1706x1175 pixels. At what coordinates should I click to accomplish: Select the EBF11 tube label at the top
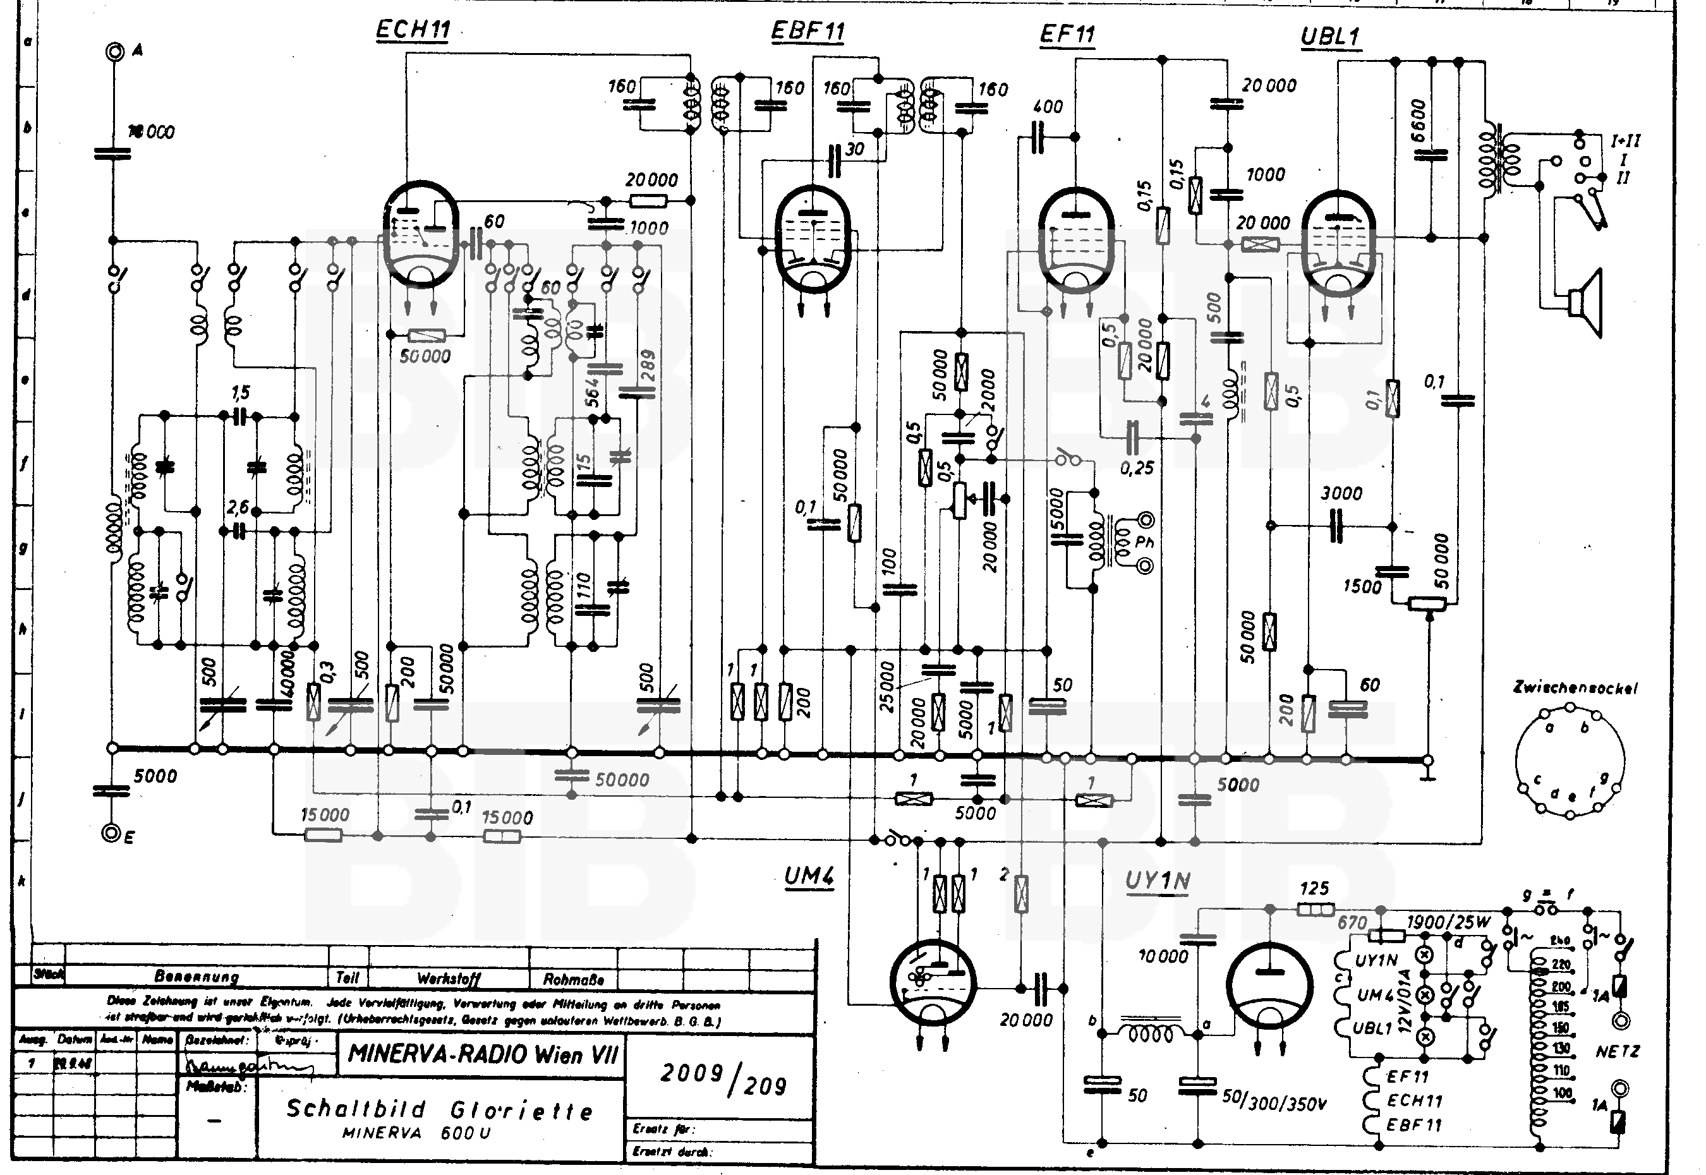tap(807, 32)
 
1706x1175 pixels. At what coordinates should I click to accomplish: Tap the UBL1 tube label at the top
tap(1331, 37)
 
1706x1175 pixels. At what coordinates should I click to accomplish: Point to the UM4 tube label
tap(808, 877)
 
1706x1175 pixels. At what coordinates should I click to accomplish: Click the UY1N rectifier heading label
tap(1158, 881)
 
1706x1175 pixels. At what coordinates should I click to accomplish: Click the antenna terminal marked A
tap(115, 52)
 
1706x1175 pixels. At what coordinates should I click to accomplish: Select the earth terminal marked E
tap(111, 833)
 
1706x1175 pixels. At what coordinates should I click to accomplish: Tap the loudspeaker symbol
tap(1586, 303)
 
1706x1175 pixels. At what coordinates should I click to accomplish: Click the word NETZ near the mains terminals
tap(1617, 1051)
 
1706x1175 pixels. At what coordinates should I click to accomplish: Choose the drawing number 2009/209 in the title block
tap(722, 1079)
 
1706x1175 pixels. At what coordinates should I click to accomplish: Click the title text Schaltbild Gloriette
tap(439, 1109)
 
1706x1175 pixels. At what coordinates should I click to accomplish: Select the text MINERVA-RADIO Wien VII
tap(482, 1054)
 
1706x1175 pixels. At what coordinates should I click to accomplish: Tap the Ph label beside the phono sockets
tap(1145, 542)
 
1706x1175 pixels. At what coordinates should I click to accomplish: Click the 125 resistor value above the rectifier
tap(1314, 889)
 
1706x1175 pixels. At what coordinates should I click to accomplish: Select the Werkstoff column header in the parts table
tap(449, 979)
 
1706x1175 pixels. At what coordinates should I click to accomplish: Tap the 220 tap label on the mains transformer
tap(1560, 965)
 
